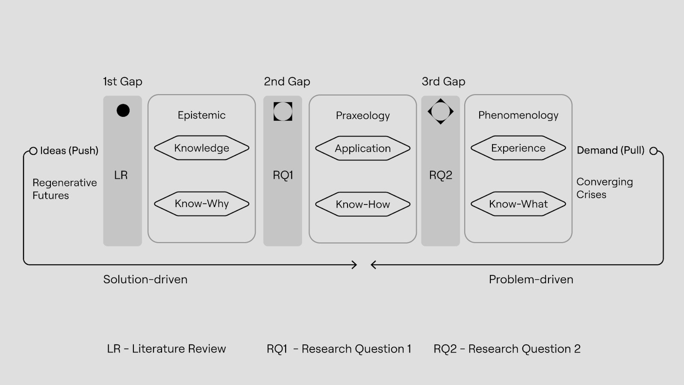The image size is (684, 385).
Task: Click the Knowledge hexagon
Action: pyautogui.click(x=201, y=148)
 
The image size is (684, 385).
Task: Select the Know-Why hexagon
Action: pyautogui.click(x=201, y=204)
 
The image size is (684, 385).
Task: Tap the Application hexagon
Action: pyautogui.click(x=363, y=148)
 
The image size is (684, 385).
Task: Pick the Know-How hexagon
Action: pyautogui.click(x=363, y=204)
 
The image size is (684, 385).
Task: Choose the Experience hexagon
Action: pyautogui.click(x=518, y=148)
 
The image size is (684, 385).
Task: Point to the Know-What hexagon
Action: pyautogui.click(x=518, y=204)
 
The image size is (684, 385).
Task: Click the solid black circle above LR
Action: pyautogui.click(x=123, y=110)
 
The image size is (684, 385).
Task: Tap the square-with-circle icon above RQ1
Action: pyautogui.click(x=283, y=111)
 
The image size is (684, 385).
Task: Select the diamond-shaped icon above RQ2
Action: pyautogui.click(x=440, y=111)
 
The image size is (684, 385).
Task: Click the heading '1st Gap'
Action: pyautogui.click(x=123, y=81)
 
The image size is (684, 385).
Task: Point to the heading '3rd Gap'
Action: pyautogui.click(x=443, y=81)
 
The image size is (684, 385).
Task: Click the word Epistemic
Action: pyautogui.click(x=201, y=115)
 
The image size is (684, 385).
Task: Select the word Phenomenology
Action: pyautogui.click(x=518, y=115)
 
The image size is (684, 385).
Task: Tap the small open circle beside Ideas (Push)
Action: pyautogui.click(x=33, y=151)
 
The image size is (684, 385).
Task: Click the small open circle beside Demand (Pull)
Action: pyautogui.click(x=653, y=151)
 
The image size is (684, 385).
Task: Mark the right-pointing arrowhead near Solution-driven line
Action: pyautogui.click(x=354, y=265)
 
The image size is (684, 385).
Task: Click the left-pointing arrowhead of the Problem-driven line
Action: pyautogui.click(x=373, y=265)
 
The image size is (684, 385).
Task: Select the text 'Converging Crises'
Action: pyautogui.click(x=604, y=188)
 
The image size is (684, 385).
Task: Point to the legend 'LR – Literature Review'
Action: pyautogui.click(x=166, y=349)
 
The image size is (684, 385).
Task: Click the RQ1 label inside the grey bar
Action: pyautogui.click(x=283, y=175)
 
